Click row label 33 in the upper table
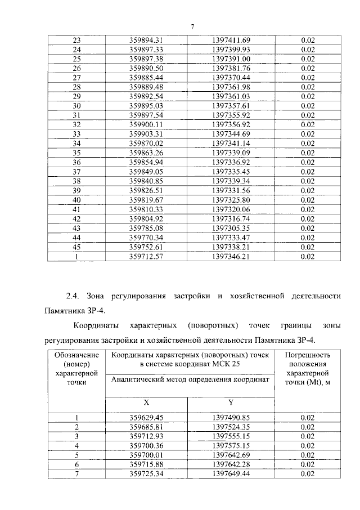pos(77,133)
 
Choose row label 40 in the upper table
pos(77,200)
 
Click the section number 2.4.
pos(74,296)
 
